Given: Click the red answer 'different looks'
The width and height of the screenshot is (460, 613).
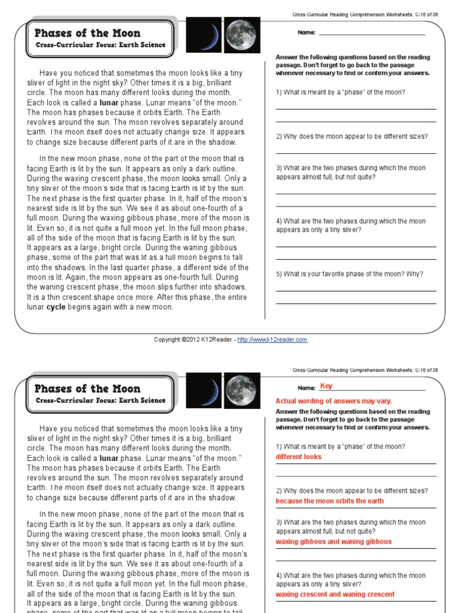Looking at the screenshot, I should [298, 457].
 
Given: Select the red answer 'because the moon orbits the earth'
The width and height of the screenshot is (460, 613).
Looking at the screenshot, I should [329, 501].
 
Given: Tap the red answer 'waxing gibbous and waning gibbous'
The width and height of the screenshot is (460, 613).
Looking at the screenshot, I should [334, 542].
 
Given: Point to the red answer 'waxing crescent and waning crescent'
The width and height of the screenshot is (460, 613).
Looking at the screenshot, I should [335, 594].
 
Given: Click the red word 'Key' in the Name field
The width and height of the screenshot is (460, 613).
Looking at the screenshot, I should [326, 386].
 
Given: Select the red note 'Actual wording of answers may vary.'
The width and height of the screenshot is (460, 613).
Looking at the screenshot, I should [334, 401].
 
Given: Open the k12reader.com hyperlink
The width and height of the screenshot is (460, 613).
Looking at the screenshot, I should [273, 339].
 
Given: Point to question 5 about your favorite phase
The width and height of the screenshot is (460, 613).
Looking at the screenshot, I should [349, 274].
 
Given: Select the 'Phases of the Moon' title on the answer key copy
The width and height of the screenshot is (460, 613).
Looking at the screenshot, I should [87, 389].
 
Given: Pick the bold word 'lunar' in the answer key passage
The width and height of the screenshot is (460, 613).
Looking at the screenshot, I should [108, 458].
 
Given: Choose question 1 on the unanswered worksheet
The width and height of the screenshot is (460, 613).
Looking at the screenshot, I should [340, 92].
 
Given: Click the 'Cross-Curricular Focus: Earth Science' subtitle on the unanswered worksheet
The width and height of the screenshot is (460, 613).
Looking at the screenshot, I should [100, 45].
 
